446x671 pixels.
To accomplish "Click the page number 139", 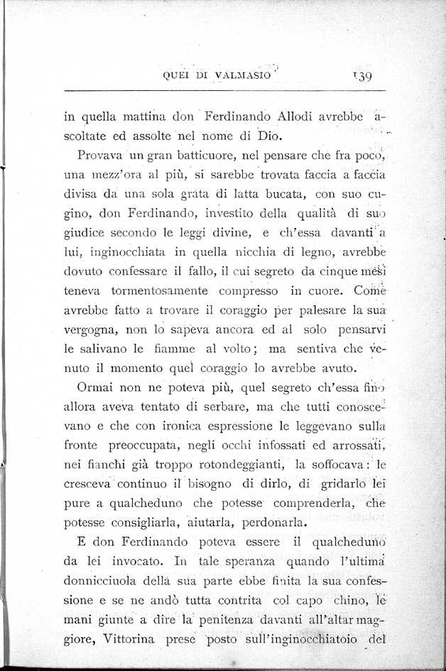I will tap(363, 76).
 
